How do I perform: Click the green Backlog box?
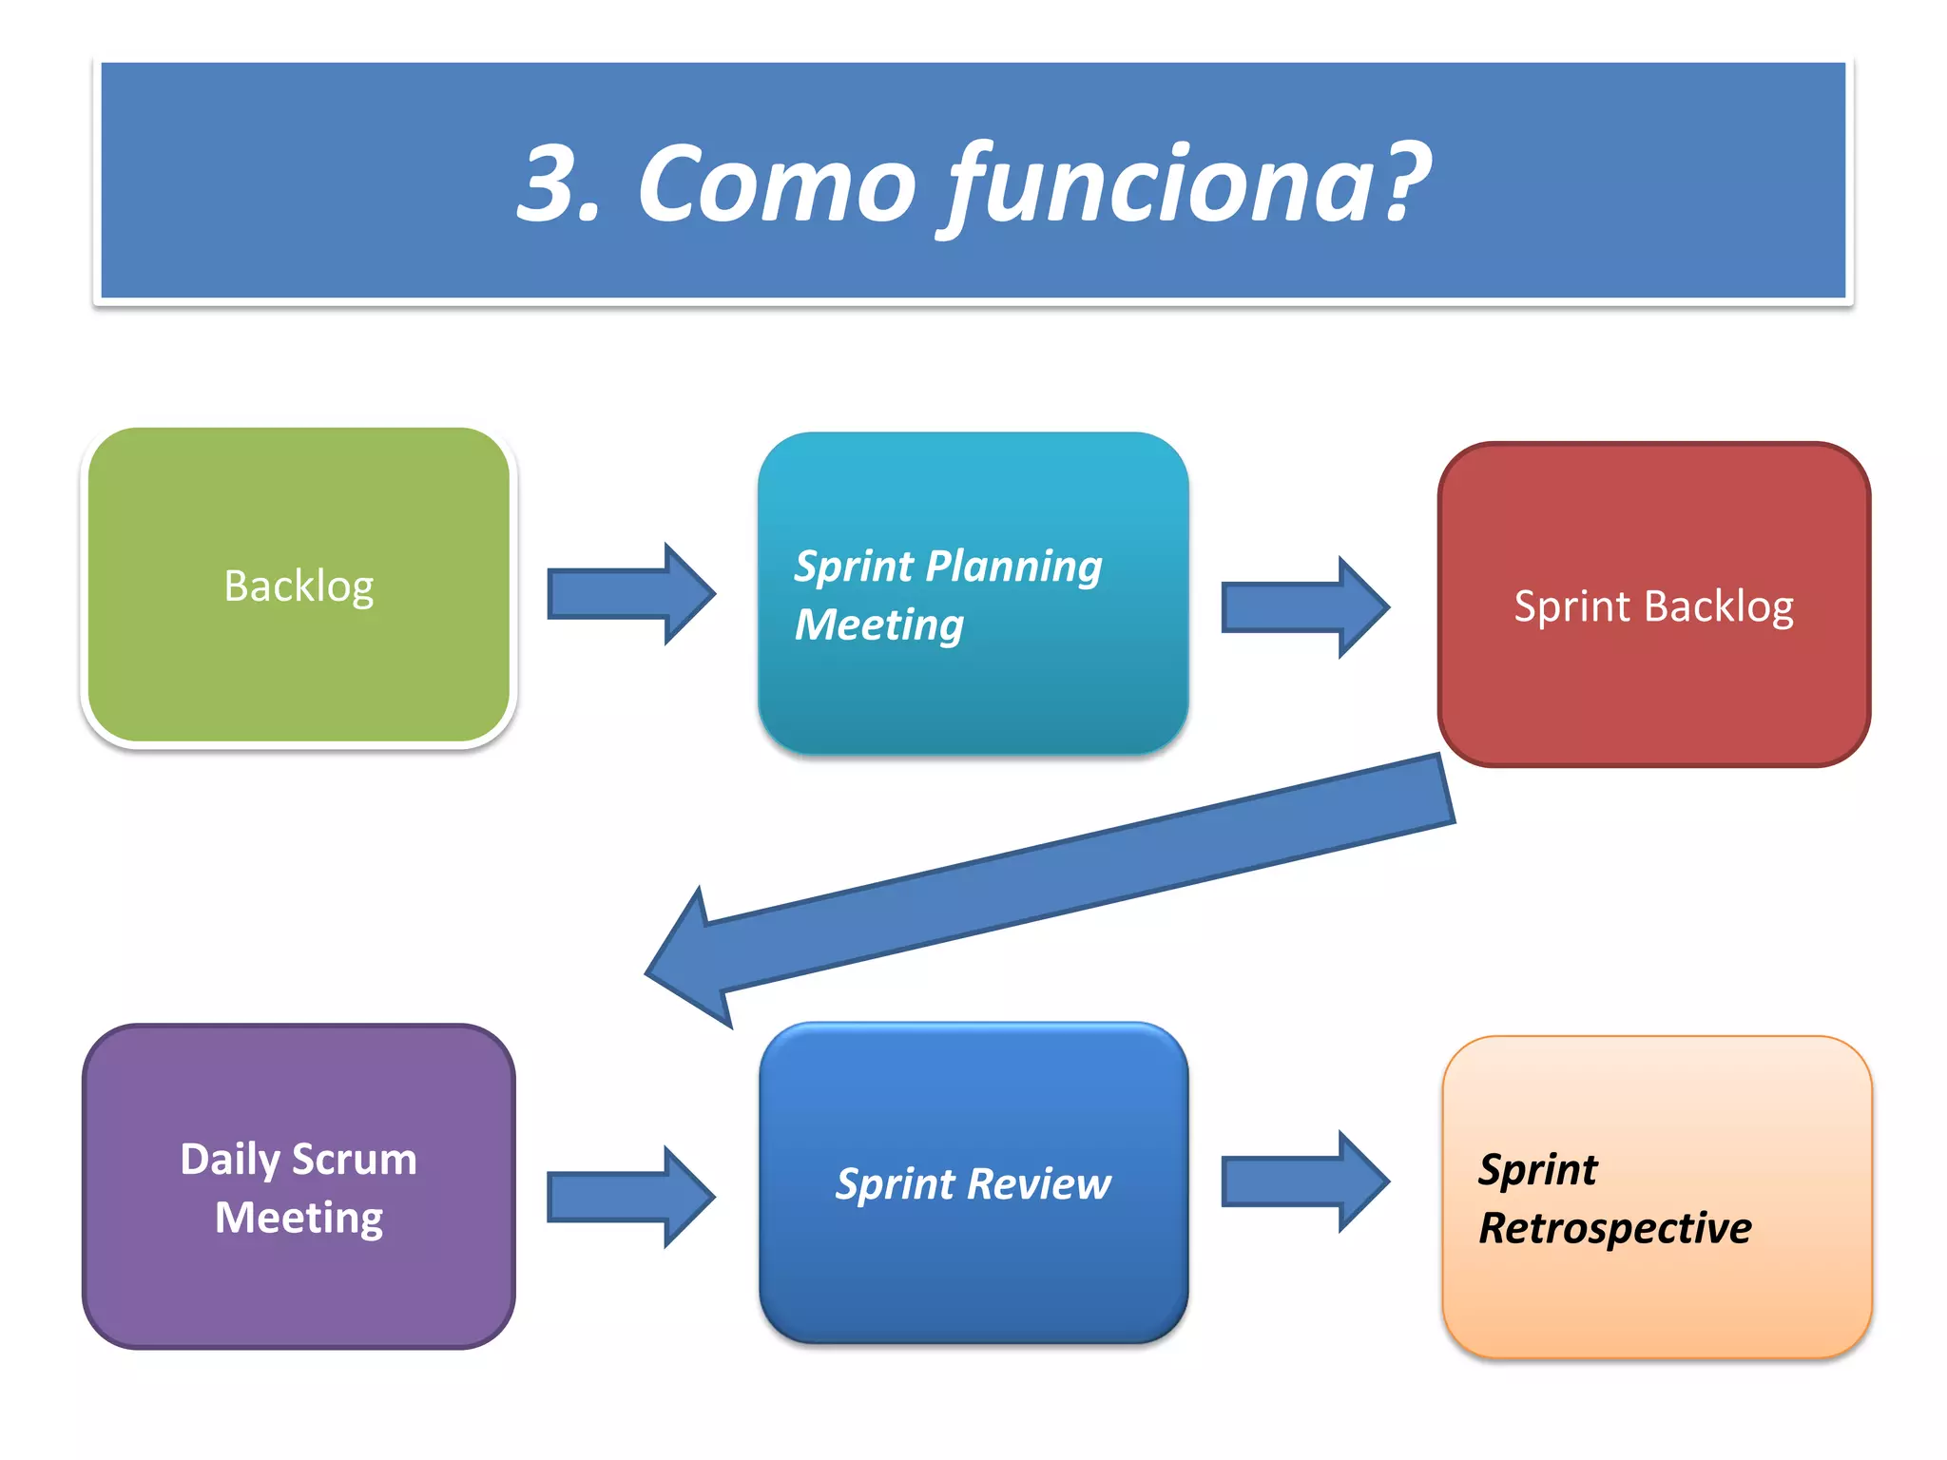(299, 586)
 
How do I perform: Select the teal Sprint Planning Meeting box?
(973, 594)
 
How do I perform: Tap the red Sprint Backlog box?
(1653, 605)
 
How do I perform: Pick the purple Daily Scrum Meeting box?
(299, 1186)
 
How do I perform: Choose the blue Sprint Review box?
(973, 1183)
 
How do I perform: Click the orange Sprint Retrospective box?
(1656, 1198)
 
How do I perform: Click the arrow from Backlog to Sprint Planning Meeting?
(630, 594)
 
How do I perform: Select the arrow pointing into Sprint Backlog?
(1304, 607)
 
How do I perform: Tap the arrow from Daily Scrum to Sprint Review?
(630, 1197)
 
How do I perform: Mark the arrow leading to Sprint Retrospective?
(1304, 1181)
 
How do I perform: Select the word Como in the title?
(776, 183)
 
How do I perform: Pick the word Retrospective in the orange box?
(1614, 1228)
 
